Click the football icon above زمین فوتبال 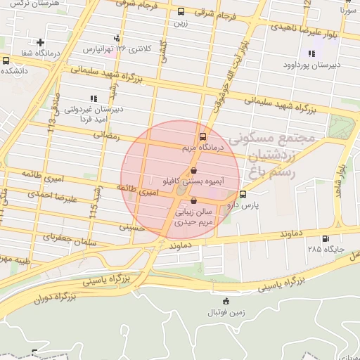pos(226,302)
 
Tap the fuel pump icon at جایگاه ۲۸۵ pos(325,238)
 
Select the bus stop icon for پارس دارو pos(243,194)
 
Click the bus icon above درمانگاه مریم pos(202,137)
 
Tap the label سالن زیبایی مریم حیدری pos(193,215)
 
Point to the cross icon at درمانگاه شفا pos(41,42)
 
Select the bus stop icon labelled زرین pos(181,12)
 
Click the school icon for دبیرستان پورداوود pos(311,53)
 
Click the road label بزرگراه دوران pos(57,297)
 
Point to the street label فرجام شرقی pos(212,12)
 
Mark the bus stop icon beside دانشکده pos(6,60)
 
